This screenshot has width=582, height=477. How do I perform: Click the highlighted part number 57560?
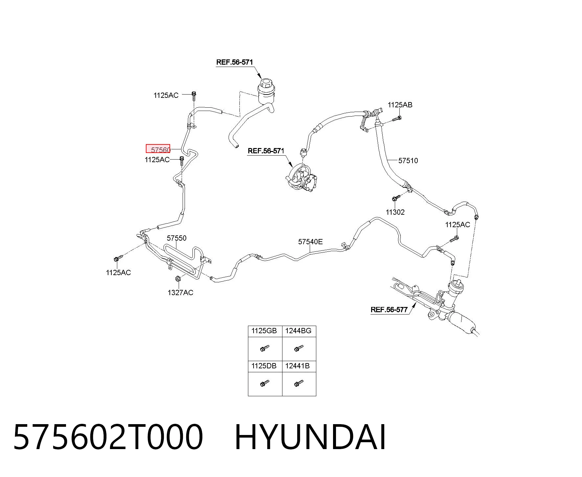click(158, 149)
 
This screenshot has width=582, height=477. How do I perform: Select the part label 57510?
click(408, 161)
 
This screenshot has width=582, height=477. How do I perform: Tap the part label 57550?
click(176, 238)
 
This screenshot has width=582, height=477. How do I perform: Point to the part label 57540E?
click(310, 242)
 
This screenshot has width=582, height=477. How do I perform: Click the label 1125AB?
click(400, 105)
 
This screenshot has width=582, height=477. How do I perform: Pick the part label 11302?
click(395, 212)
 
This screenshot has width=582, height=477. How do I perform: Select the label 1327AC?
click(180, 293)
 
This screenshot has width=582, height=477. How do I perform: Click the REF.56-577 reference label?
click(389, 310)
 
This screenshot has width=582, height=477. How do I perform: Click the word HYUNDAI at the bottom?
click(310, 437)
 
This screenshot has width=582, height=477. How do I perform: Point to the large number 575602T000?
click(108, 437)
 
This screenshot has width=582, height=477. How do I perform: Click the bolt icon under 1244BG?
click(299, 348)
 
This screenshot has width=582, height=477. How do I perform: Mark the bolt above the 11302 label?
click(396, 198)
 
